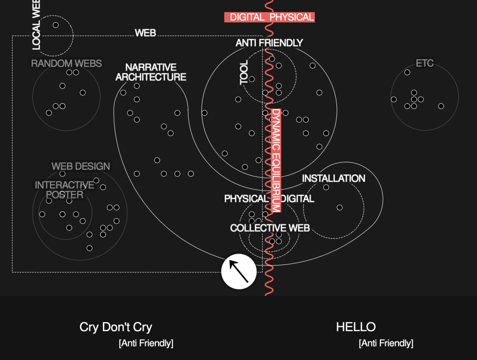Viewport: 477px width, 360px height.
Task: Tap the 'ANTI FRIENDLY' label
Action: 269,43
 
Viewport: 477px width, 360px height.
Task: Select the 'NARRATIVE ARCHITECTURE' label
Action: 151,72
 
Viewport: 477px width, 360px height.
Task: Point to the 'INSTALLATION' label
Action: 333,178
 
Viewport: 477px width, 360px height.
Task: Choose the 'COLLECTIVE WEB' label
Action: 270,228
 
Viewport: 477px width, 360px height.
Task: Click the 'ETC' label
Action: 424,63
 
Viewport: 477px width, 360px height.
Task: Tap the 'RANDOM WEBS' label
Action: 66,64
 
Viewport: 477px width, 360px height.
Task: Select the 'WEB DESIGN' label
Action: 81,167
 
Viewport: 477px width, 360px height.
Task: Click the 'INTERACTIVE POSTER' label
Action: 64,190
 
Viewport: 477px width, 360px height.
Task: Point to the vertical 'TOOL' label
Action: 244,72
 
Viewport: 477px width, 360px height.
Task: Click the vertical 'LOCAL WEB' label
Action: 36,24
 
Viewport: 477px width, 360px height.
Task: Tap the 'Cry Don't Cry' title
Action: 116,327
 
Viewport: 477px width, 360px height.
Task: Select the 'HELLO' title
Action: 356,327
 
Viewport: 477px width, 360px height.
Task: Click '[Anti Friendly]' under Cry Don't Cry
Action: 146,343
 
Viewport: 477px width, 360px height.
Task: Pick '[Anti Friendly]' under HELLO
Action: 386,343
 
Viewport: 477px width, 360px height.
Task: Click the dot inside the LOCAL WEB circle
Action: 56,25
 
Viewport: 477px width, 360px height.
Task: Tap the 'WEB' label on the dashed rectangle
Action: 145,33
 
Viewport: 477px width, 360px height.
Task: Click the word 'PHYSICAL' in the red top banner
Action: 291,17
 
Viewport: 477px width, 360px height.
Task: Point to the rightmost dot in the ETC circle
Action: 441,106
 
